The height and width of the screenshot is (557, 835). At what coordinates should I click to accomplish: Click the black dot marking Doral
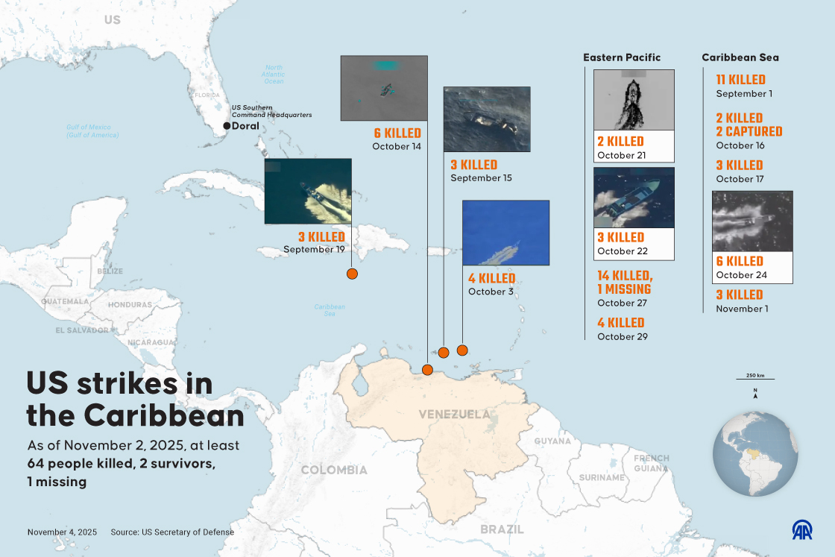[227, 126]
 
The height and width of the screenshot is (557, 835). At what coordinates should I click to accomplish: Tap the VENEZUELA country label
[454, 415]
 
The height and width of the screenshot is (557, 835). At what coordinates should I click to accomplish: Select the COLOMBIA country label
[333, 470]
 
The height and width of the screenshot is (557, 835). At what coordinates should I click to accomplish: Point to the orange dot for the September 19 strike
[353, 274]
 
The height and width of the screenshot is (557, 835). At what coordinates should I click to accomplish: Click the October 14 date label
[397, 147]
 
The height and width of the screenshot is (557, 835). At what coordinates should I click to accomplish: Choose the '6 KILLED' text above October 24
[740, 261]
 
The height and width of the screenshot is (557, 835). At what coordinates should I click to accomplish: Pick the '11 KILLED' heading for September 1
[740, 80]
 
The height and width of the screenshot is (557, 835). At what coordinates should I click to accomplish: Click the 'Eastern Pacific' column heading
[622, 57]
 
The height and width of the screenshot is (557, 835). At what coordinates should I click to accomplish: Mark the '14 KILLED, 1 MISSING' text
[624, 283]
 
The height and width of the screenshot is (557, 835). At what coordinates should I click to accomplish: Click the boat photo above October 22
[634, 198]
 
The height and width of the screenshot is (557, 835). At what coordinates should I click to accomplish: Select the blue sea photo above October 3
[505, 233]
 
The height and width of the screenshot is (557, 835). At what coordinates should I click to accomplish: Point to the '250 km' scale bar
[755, 380]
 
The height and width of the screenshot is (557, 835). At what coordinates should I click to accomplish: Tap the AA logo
[801, 529]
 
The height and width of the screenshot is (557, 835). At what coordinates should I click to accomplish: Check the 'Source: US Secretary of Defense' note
[172, 532]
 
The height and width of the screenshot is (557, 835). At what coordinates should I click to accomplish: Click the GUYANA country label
[552, 441]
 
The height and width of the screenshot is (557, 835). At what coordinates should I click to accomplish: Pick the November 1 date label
[742, 309]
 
